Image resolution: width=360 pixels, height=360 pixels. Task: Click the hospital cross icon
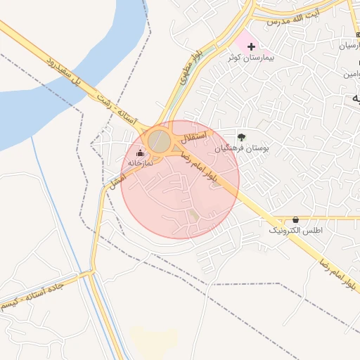pos(251,46)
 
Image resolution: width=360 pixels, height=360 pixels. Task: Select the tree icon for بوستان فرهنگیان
pos(241,137)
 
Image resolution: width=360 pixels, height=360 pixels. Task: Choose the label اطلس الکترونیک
pos(296,230)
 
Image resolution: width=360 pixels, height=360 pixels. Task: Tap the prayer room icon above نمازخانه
pos(140,153)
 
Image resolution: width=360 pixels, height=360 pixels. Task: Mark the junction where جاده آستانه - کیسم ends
pos(91,272)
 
